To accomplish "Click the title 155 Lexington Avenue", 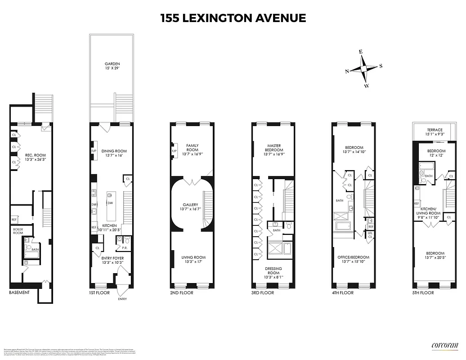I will [x=233, y=18].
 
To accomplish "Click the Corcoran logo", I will [x=444, y=345].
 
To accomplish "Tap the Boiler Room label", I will [x=18, y=230].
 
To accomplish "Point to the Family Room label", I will [x=193, y=148].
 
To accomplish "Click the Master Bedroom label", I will [x=274, y=148].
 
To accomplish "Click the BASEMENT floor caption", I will [x=19, y=292].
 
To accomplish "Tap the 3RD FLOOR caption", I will [x=263, y=293].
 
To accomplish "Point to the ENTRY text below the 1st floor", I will [x=122, y=299].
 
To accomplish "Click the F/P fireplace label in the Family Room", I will [x=175, y=151].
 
